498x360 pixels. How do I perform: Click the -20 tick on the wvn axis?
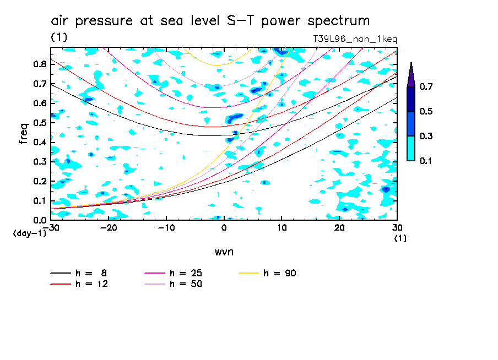click(x=109, y=228)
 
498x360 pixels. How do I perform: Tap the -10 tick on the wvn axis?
click(x=166, y=228)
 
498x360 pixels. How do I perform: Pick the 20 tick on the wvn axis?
click(x=339, y=228)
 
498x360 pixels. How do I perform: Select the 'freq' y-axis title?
click(x=24, y=133)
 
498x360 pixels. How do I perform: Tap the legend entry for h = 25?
click(x=172, y=273)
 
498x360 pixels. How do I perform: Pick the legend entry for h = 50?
click(x=172, y=284)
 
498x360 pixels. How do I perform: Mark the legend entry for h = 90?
click(x=269, y=273)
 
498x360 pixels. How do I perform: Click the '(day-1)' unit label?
click(x=26, y=233)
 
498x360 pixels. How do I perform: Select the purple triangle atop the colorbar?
click(x=411, y=74)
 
